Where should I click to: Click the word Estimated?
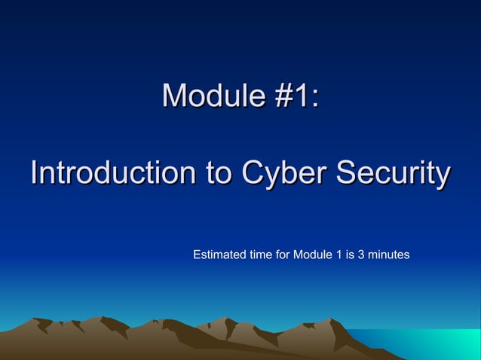coord(220,255)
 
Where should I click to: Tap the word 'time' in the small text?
coord(262,255)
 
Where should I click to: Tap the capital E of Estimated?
coord(197,255)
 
